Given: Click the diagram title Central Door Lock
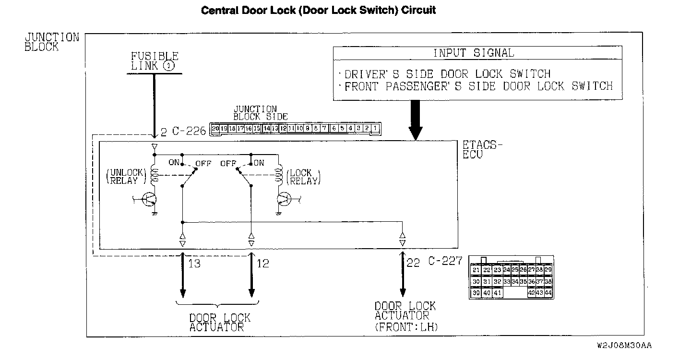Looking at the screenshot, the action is [318, 10].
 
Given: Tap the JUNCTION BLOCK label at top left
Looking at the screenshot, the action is [51, 42].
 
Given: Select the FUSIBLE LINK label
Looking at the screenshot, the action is [155, 61].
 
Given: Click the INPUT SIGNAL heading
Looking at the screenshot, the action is [473, 53].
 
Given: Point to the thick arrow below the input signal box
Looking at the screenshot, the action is [416, 120].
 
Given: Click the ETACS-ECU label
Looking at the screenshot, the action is [482, 149].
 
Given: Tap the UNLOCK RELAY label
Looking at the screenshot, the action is [123, 177].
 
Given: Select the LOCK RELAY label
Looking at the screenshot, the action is [302, 177].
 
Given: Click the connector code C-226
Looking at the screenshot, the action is [189, 131].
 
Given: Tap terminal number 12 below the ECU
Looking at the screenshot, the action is [262, 263].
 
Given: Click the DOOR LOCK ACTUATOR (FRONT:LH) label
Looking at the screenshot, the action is [406, 317].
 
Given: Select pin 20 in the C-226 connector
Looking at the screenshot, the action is [215, 128].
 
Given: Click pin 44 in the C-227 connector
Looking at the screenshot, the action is [548, 293].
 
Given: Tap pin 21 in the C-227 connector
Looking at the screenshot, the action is [476, 270].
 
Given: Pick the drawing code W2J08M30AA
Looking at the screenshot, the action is [624, 345].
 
